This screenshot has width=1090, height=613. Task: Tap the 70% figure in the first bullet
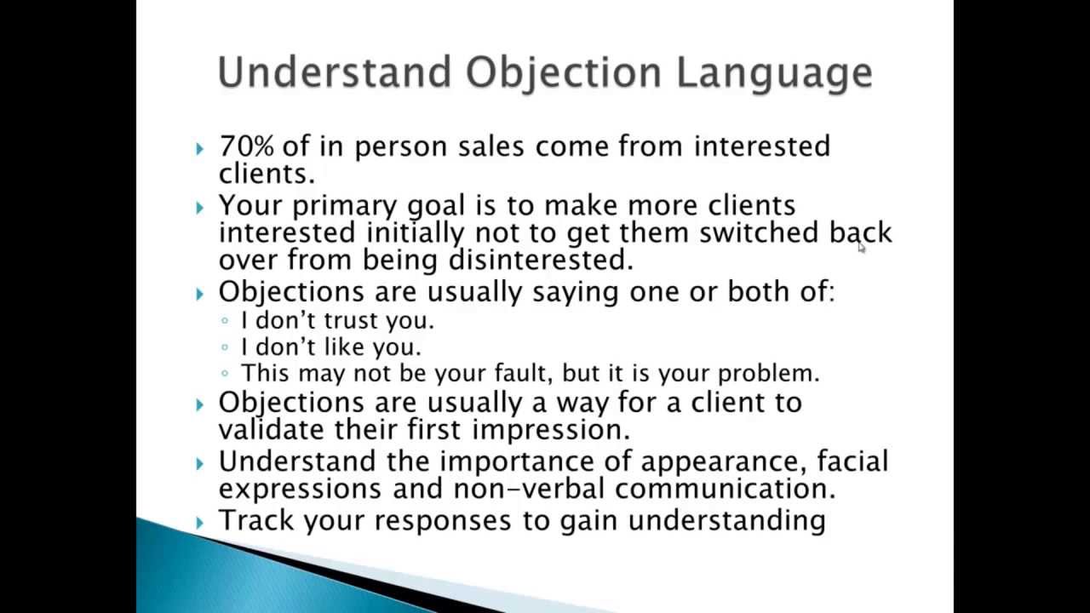pyautogui.click(x=246, y=146)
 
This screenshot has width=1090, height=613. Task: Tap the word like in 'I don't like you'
pyautogui.click(x=348, y=347)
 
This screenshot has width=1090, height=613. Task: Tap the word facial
pyautogui.click(x=852, y=461)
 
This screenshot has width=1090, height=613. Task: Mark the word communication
pyautogui.click(x=725, y=489)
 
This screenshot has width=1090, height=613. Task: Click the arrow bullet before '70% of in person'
pyautogui.click(x=199, y=149)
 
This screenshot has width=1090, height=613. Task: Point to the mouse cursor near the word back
pyautogui.click(x=861, y=247)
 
